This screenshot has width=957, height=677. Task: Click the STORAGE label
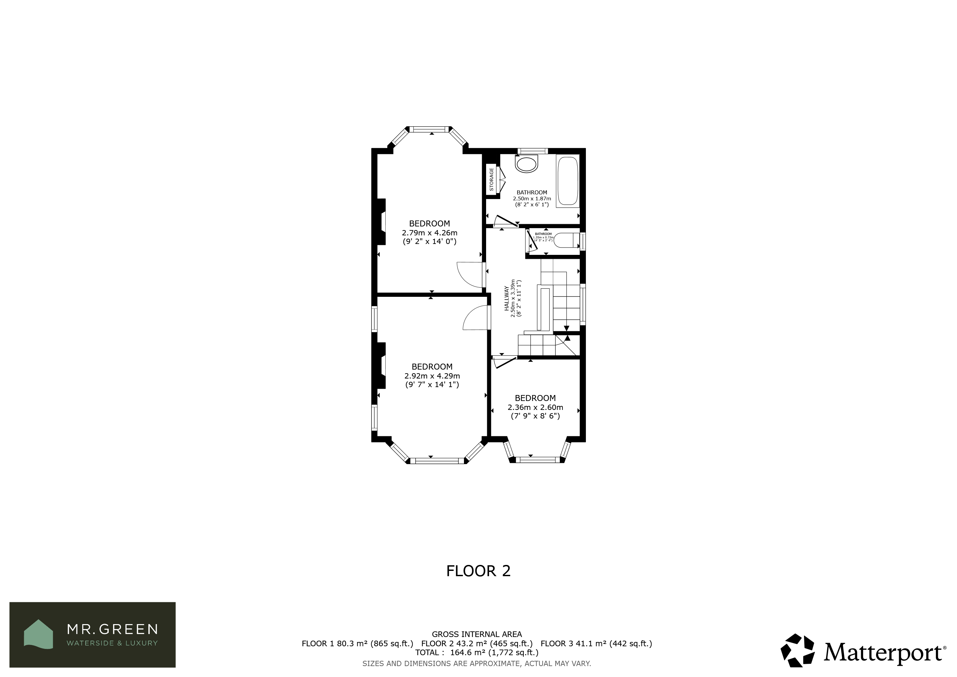[x=491, y=180]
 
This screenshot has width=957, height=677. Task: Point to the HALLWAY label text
[x=507, y=298]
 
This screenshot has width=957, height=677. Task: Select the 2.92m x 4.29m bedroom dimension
[x=432, y=376]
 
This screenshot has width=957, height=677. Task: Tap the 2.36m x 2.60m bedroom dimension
[x=535, y=407]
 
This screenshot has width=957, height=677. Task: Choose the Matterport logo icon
[x=797, y=651]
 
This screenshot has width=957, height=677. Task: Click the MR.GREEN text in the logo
[x=113, y=629]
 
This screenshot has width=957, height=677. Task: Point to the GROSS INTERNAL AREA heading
[x=477, y=634]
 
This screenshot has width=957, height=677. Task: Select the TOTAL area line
[x=477, y=653]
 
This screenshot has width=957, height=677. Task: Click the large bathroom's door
[x=506, y=221]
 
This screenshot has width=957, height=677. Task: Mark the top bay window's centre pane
[x=431, y=129]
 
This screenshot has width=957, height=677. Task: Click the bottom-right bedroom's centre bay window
[x=538, y=460]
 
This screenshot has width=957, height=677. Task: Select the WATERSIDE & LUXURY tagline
[x=113, y=643]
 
